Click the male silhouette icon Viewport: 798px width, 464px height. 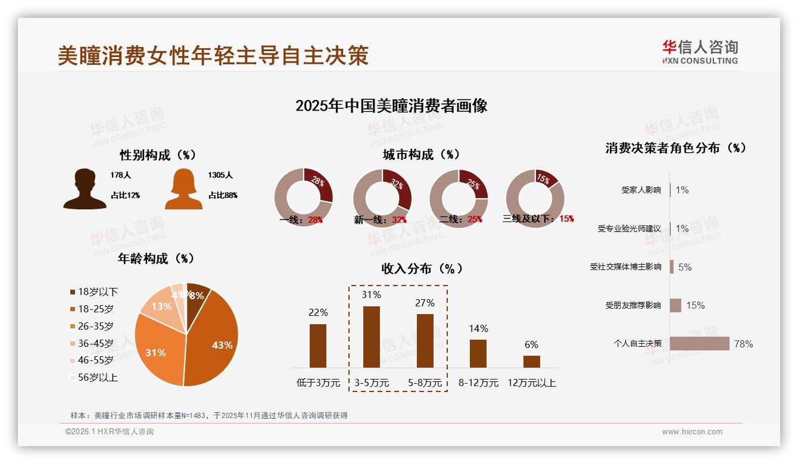85,189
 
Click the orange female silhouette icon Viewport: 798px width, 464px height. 183,189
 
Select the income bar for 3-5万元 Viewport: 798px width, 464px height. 371,337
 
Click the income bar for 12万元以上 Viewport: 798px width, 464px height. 532,361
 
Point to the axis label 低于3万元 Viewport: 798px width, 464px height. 318,383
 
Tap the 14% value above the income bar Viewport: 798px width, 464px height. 478,328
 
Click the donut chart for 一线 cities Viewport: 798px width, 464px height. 304,198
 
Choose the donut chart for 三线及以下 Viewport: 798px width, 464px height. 535,198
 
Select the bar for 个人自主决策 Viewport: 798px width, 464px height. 700,344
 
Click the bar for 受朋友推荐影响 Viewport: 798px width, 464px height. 675,305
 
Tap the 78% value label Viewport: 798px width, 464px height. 743,344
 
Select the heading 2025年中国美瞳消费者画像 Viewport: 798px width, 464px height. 391,106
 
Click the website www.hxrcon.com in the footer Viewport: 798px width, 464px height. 692,432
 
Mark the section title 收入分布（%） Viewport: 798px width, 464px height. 422,268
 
